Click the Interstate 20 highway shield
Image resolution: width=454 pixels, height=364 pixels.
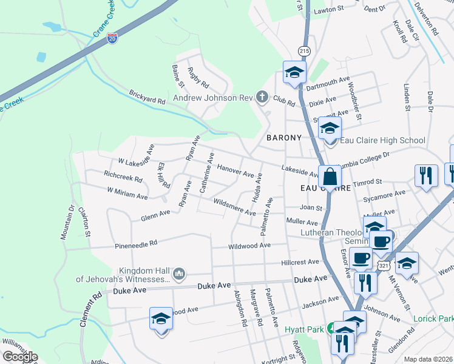(112, 38)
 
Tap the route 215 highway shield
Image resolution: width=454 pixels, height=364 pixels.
(303, 50)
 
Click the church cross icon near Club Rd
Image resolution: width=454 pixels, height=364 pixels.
(262, 96)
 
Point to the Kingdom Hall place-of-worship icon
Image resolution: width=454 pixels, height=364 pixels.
(178, 275)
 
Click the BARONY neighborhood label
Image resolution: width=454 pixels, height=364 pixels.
(283, 138)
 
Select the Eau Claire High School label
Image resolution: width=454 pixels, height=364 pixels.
(382, 141)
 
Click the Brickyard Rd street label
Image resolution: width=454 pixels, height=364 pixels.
(147, 98)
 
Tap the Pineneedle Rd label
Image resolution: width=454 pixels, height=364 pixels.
(137, 243)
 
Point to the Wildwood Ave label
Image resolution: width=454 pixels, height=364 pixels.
(249, 246)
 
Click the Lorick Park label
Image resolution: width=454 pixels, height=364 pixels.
(433, 318)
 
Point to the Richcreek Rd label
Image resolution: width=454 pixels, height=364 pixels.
(123, 180)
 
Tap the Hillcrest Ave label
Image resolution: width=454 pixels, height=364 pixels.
(300, 262)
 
